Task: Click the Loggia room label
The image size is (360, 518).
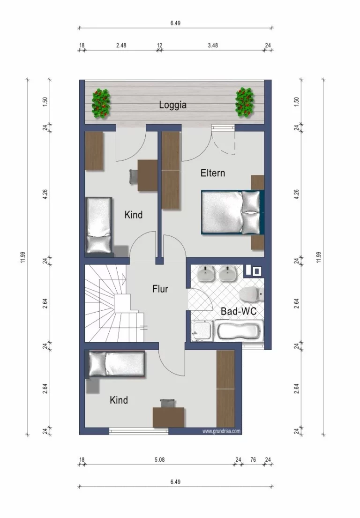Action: [172, 105]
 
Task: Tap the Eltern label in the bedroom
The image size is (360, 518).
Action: [213, 173]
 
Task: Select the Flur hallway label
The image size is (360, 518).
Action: [160, 289]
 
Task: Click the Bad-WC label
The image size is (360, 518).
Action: [239, 311]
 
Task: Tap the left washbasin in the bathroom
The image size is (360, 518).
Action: [206, 274]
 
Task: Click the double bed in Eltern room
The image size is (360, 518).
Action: [232, 212]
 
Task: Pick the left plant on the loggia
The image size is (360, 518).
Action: [101, 103]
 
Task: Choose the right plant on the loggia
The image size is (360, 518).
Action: [245, 102]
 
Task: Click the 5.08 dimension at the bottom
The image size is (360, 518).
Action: [159, 459]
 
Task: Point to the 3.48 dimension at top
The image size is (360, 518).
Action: [213, 45]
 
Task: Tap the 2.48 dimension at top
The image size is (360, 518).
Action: [121, 45]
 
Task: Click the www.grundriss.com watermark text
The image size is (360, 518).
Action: [221, 431]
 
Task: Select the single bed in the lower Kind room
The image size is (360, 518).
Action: [116, 364]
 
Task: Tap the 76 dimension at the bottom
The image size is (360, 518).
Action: [253, 459]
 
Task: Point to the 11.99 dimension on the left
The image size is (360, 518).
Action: [22, 257]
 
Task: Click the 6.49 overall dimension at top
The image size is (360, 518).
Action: [175, 23]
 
